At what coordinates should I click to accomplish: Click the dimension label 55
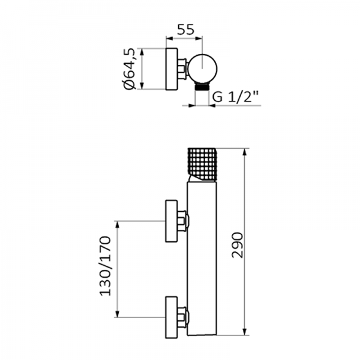tap(186, 29)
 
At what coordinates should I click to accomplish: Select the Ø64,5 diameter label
tap(129, 69)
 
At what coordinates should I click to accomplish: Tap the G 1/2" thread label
tap(236, 97)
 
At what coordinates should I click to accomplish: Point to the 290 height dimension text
tap(238, 245)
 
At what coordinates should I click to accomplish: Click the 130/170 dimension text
tap(106, 266)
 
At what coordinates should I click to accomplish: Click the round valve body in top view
tap(202, 68)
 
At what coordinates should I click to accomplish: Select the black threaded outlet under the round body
tap(202, 86)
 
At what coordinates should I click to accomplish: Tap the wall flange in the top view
tap(172, 69)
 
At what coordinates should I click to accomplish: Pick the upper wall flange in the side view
tap(172, 221)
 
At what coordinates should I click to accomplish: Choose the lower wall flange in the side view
tap(172, 317)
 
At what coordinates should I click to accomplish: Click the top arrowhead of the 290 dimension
tap(245, 152)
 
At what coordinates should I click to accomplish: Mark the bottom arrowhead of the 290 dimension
tap(245, 331)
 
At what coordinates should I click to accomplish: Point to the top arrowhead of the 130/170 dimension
tap(118, 225)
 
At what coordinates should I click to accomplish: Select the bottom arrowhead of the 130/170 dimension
tap(118, 313)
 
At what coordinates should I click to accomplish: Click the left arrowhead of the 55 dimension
tap(169, 38)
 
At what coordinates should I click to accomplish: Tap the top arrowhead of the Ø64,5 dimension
tap(142, 52)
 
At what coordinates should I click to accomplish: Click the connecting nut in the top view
tap(183, 69)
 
